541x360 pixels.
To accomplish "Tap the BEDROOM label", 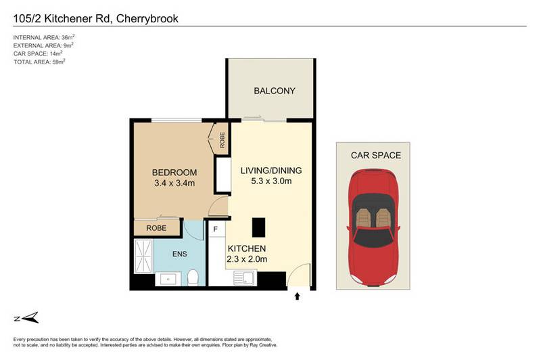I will pyautogui.click(x=174, y=171).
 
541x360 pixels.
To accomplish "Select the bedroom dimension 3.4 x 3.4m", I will pyautogui.click(x=174, y=183).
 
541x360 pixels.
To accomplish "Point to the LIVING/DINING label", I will pyautogui.click(x=271, y=170).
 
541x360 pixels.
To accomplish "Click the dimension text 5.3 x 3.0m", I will pyautogui.click(x=271, y=181).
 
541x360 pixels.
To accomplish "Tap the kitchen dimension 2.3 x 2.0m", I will pyautogui.click(x=248, y=259).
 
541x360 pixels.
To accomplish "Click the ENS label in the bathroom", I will pyautogui.click(x=179, y=254).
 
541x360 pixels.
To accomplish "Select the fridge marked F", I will pyautogui.click(x=215, y=229).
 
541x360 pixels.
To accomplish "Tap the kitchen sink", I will pyautogui.click(x=244, y=277).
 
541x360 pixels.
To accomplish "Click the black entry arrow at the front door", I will pyautogui.click(x=297, y=295).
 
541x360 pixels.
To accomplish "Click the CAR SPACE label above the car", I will pyautogui.click(x=375, y=155).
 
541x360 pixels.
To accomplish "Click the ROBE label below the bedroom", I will pyautogui.click(x=156, y=228).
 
